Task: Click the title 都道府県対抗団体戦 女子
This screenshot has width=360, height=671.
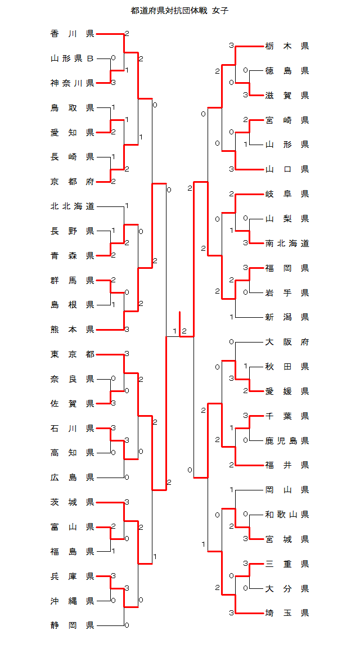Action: [179, 11]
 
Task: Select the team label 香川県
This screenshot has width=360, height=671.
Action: [72, 34]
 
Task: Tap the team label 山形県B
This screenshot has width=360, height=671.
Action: [72, 58]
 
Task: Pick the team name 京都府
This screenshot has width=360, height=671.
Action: [72, 181]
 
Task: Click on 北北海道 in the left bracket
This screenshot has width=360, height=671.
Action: [72, 206]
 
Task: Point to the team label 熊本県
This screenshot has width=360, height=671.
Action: [72, 330]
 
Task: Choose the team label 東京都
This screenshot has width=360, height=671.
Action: [72, 354]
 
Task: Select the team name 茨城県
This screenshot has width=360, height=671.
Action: [72, 502]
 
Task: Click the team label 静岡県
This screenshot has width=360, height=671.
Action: [72, 625]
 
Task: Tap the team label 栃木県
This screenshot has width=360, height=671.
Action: [287, 46]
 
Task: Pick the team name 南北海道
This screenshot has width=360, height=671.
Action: [287, 244]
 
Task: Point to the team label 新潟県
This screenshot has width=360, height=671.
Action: [287, 317]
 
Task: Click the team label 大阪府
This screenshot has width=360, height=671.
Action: [287, 342]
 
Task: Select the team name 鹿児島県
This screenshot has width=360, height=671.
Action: [287, 440]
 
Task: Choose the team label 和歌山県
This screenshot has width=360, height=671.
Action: [287, 514]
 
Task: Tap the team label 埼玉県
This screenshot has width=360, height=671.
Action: [287, 613]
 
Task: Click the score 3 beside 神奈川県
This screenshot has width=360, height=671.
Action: [114, 83]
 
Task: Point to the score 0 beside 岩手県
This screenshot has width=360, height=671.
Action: [245, 292]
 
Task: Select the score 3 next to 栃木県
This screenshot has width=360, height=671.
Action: [231, 46]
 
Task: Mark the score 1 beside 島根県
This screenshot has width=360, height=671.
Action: [114, 305]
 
